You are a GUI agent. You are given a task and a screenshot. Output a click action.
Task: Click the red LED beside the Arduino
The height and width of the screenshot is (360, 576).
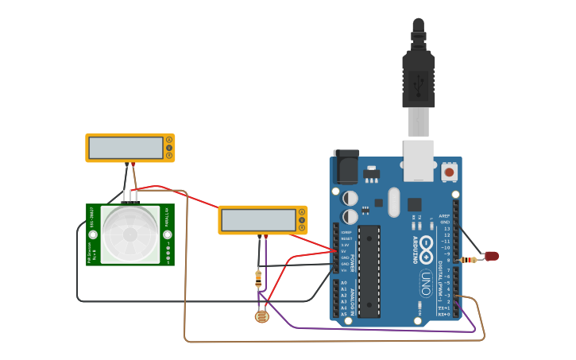[x=493, y=255]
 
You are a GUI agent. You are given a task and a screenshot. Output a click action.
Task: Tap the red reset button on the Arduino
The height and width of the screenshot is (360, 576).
[x=449, y=172]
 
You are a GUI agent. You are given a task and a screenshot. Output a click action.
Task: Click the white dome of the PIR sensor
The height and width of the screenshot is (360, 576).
[x=130, y=234]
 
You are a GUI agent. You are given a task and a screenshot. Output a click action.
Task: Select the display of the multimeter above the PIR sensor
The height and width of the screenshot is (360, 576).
[x=126, y=148]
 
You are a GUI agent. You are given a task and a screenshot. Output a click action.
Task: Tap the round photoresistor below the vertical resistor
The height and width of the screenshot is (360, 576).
[x=261, y=317]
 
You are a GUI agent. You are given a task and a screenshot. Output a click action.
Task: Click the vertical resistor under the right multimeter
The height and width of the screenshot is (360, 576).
[x=258, y=278]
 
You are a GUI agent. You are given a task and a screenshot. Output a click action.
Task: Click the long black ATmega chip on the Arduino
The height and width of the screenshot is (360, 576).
[x=369, y=271]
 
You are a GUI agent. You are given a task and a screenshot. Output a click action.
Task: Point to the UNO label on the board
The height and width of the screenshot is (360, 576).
[x=426, y=282]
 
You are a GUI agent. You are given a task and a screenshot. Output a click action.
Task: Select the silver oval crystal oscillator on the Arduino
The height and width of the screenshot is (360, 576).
[x=394, y=202]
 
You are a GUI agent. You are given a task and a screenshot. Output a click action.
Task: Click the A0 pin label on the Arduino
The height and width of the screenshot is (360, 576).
[x=343, y=283]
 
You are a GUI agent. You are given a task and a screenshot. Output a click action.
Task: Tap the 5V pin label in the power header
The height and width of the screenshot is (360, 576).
[x=345, y=251]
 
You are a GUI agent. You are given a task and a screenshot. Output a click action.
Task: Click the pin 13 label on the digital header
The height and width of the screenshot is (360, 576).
[x=446, y=229]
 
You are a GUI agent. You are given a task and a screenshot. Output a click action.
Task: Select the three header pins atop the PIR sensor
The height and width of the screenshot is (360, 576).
[x=130, y=196]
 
